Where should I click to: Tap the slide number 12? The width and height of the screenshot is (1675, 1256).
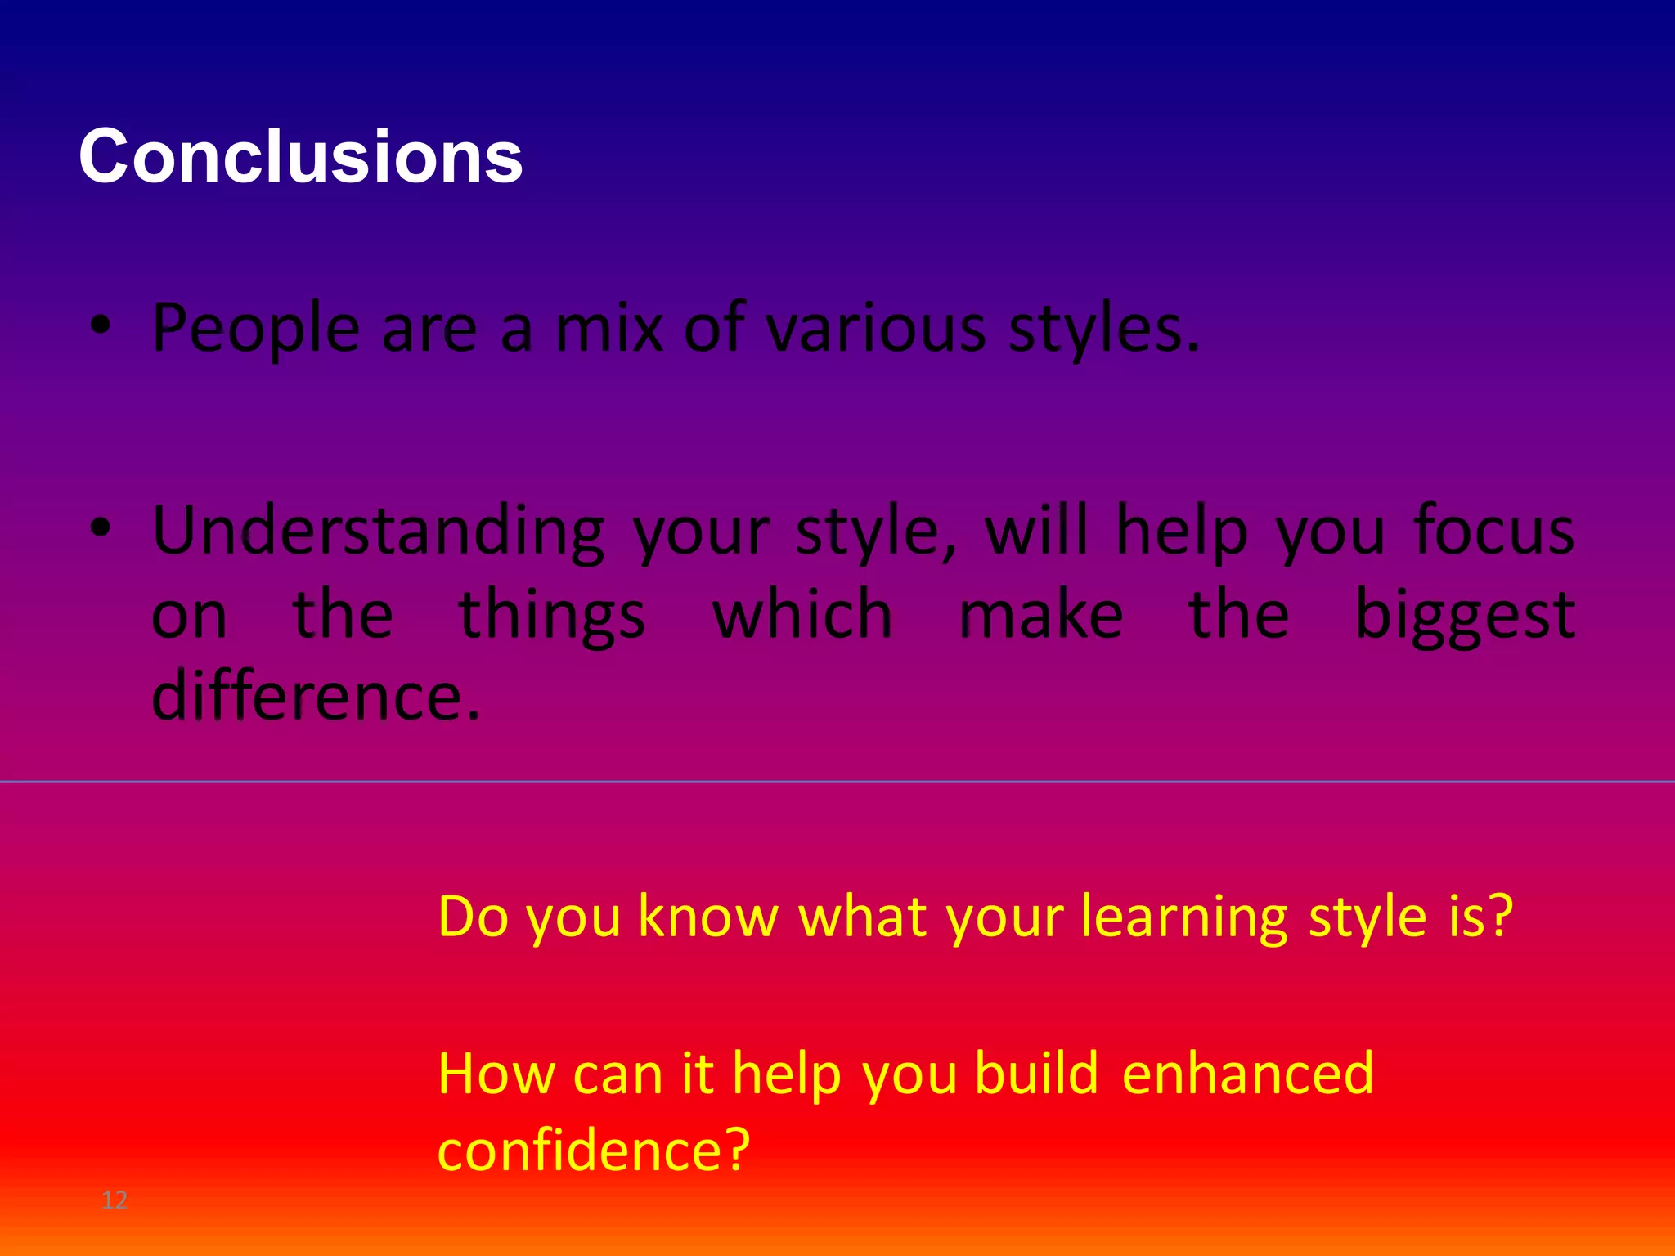tap(115, 1200)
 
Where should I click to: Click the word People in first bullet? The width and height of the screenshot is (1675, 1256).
tap(255, 329)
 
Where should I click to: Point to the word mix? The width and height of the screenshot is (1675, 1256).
tap(608, 329)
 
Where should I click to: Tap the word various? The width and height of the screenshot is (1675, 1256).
tap(876, 329)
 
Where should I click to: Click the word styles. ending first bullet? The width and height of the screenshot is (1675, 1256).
tap(1103, 329)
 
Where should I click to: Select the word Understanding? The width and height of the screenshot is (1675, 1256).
tap(378, 532)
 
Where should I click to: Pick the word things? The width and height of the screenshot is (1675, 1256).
tap(552, 616)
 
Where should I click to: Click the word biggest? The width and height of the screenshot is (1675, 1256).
tap(1465, 616)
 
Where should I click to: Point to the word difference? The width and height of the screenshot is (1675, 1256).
tap(316, 696)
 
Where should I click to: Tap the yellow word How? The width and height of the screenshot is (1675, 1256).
tap(497, 1074)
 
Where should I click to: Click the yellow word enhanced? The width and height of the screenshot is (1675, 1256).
tap(1248, 1074)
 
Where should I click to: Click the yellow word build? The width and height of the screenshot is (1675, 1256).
tap(1037, 1074)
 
